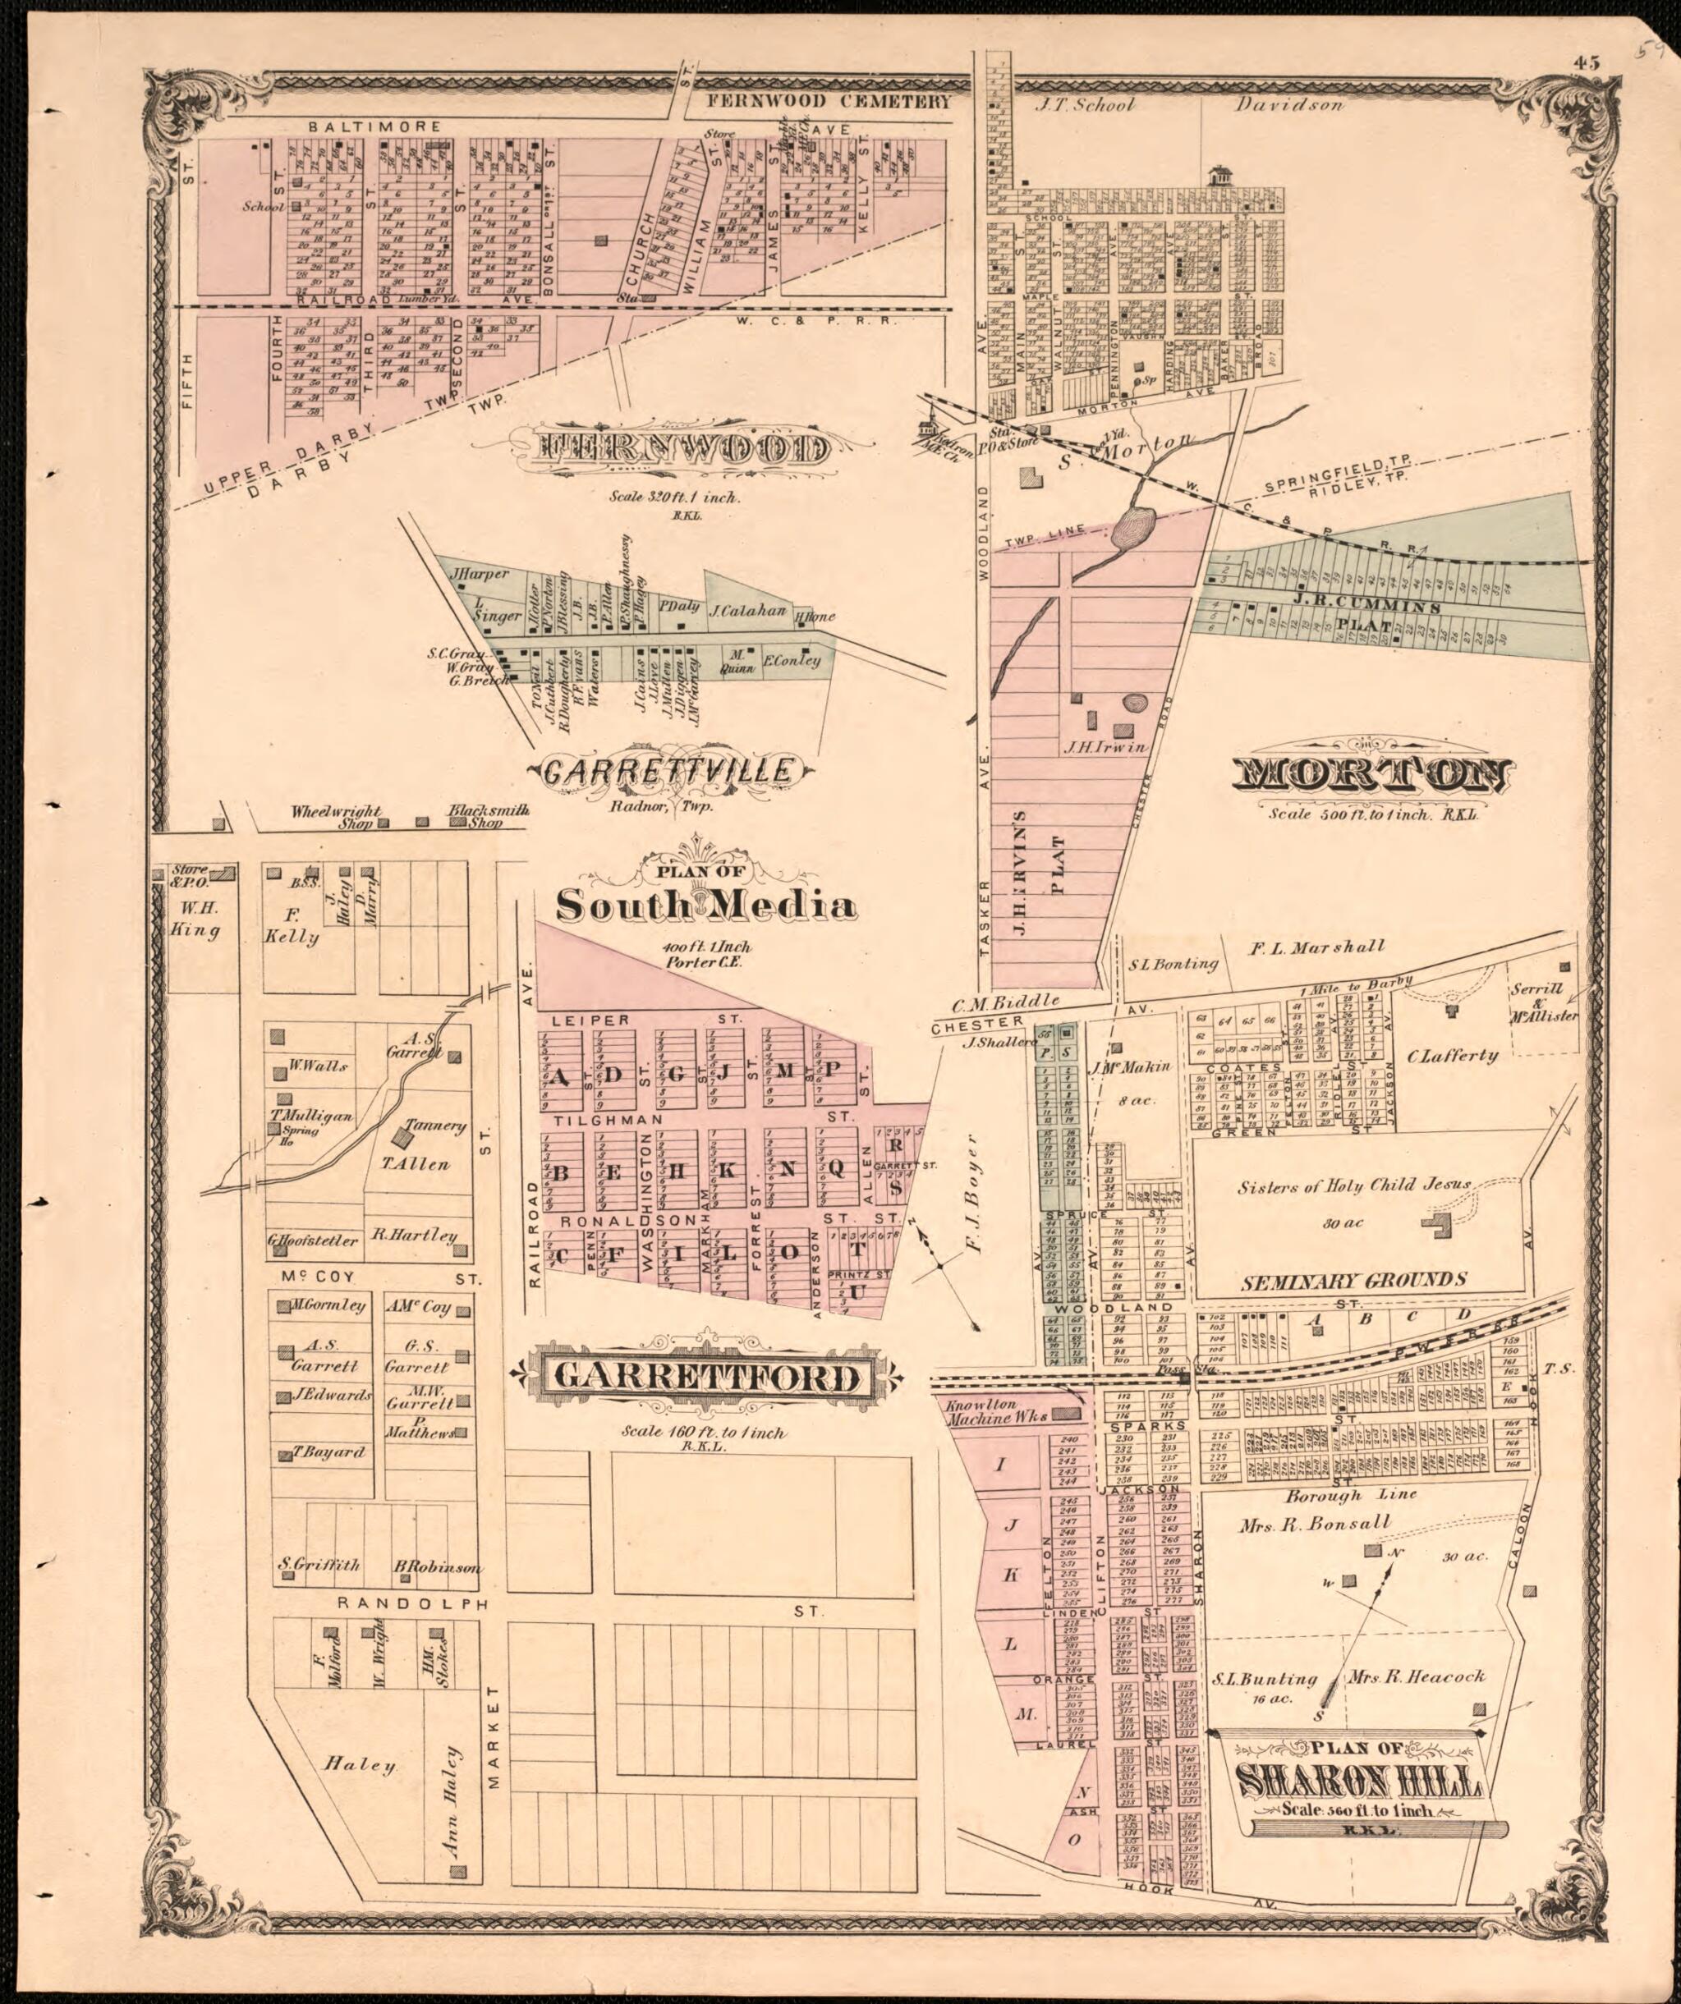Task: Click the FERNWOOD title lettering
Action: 682,448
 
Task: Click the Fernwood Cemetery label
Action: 829,102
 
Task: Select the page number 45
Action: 1587,63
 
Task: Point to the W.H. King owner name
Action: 195,917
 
